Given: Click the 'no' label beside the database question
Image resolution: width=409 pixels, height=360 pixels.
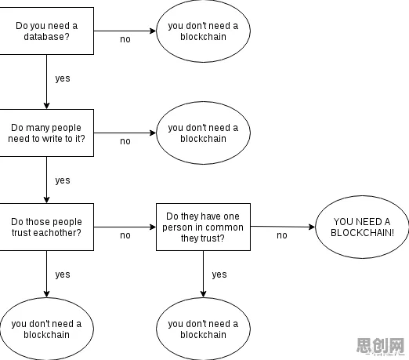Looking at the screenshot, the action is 125,39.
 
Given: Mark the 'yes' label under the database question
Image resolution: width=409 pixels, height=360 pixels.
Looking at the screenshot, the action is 63,78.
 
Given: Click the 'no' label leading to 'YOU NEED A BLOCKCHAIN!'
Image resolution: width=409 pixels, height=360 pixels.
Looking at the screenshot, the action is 282,235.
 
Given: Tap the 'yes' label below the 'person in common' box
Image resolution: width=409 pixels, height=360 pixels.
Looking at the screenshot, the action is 219,275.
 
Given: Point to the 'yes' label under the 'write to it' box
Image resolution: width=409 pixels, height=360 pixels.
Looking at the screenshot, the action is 63,180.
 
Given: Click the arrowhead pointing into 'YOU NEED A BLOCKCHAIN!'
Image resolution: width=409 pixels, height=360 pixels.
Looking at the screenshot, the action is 312,227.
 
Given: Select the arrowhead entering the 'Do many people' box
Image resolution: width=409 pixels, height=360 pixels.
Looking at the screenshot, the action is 46,106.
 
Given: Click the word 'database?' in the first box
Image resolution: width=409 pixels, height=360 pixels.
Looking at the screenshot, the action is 46,37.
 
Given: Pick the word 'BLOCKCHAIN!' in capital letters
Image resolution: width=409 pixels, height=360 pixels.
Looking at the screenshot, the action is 362,232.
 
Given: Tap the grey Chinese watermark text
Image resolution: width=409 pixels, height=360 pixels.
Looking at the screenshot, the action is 380,345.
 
